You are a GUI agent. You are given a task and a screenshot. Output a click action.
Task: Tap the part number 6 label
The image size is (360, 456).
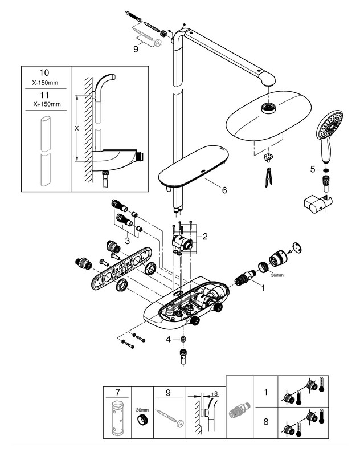[224, 190]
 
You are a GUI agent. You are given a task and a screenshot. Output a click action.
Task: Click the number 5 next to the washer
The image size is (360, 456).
[312, 169]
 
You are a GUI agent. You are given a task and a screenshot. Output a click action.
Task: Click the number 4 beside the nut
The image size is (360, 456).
[167, 339]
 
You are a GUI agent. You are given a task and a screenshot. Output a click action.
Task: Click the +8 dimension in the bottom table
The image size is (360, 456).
[214, 393]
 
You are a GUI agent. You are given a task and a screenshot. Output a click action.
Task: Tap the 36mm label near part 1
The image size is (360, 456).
[276, 276]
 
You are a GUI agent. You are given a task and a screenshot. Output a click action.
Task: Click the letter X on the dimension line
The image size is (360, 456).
[76, 129]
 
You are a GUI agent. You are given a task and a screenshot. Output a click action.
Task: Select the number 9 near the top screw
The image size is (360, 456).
[136, 50]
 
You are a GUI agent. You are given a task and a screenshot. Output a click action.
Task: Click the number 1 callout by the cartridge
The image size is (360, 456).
[263, 288]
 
